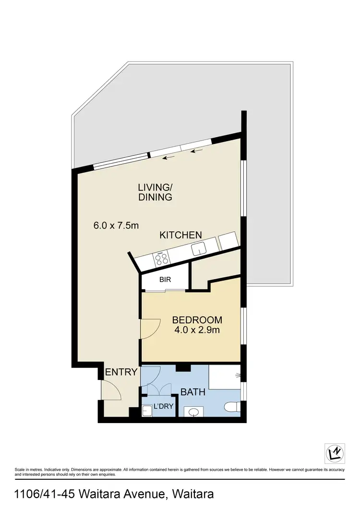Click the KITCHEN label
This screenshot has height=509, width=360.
click(180, 235)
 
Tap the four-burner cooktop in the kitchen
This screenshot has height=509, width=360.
click(161, 259)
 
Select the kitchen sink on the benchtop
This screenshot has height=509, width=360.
click(198, 249)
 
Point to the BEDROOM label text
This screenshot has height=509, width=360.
click(197, 320)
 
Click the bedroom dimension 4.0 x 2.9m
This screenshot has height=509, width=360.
click(197, 330)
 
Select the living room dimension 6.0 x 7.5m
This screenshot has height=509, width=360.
click(116, 225)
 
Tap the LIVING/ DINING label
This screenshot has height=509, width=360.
click(155, 192)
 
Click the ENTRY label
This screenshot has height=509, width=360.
click(121, 372)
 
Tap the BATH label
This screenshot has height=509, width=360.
click(192, 392)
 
